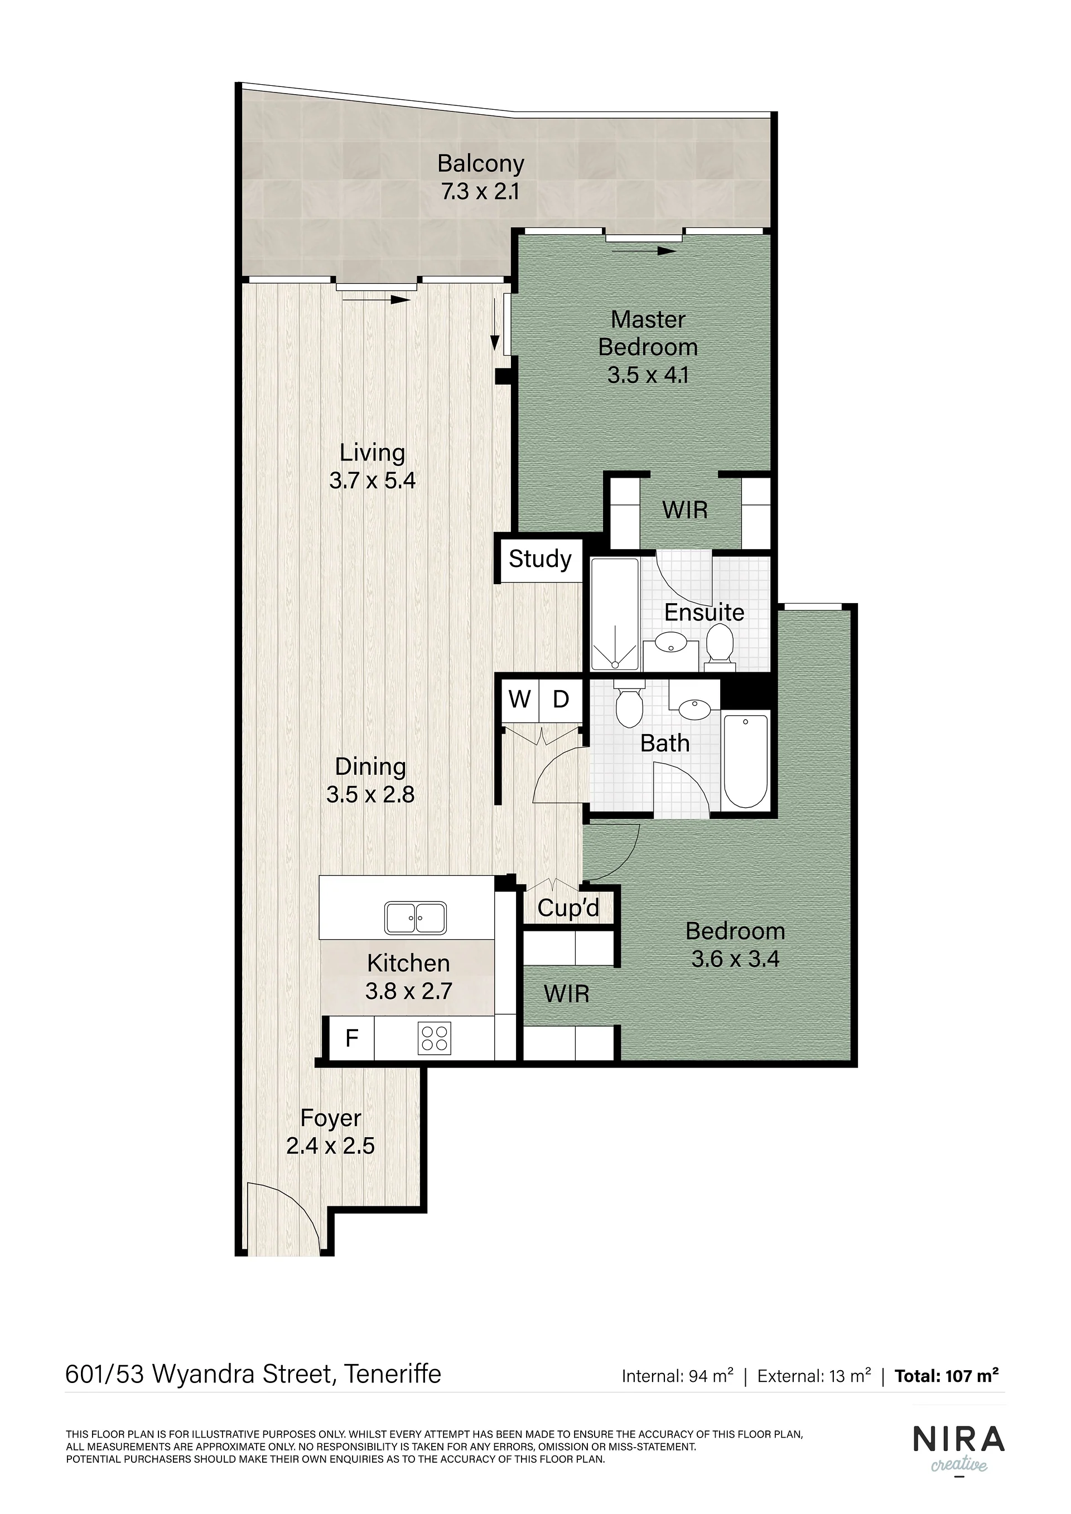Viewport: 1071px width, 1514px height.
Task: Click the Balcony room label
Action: [480, 163]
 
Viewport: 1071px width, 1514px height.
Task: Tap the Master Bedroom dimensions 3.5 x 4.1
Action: [648, 375]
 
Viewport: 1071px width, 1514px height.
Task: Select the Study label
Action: [540, 559]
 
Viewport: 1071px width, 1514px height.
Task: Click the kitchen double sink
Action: [415, 917]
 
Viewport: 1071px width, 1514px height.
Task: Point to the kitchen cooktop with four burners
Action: [434, 1037]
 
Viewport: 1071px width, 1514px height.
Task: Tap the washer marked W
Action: [519, 699]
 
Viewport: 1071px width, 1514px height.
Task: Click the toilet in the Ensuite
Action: [719, 644]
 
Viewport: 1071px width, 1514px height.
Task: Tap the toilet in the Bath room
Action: [629, 704]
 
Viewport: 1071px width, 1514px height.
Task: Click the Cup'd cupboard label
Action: [568, 908]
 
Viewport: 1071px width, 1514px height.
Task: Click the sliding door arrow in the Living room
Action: [377, 300]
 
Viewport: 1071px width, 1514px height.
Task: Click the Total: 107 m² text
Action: [946, 1376]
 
